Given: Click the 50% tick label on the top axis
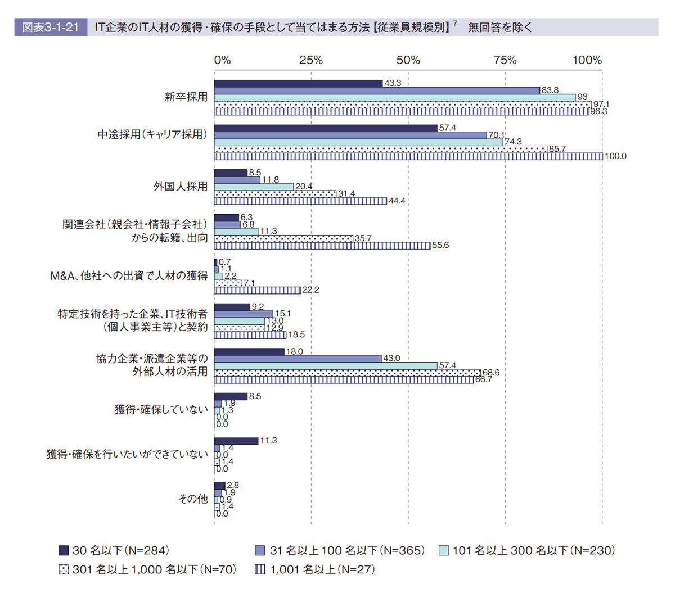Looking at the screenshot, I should pyautogui.click(x=408, y=60).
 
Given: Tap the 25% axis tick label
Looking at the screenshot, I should pyautogui.click(x=310, y=60).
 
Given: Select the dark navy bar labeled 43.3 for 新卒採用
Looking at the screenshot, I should pyautogui.click(x=298, y=83).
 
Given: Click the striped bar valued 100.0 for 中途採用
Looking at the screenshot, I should pyautogui.click(x=408, y=156).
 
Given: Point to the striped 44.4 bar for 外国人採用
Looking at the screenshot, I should pyautogui.click(x=300, y=201).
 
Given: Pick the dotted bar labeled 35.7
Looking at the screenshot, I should pyautogui.click(x=283, y=238).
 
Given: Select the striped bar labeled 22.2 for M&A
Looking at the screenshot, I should pyautogui.click(x=258, y=290).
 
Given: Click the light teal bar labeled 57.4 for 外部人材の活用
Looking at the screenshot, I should pyautogui.click(x=326, y=365).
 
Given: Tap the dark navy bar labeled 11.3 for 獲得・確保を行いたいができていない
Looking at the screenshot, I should pyautogui.click(x=236, y=441).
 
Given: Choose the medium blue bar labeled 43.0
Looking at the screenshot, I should pyautogui.click(x=298, y=359).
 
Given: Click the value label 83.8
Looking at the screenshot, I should pyautogui.click(x=550, y=90).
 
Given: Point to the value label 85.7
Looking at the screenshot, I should pyautogui.click(x=557, y=149).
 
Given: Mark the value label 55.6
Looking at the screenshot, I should pyautogui.click(x=440, y=246).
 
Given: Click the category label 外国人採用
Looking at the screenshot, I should pyautogui.click(x=181, y=186).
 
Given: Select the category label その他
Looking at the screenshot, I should pyautogui.click(x=193, y=499).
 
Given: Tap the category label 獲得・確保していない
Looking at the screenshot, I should pyautogui.click(x=161, y=409).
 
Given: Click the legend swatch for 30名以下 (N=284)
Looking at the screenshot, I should pyautogui.click(x=64, y=550).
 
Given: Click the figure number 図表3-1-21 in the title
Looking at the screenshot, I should pyautogui.click(x=51, y=27).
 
